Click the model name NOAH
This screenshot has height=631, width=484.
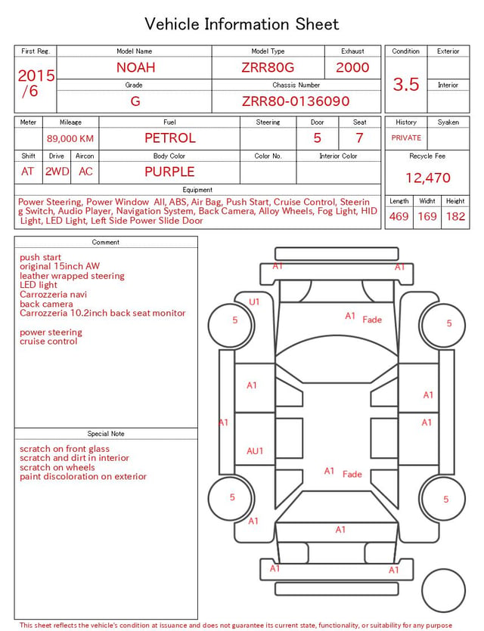[x=135, y=67]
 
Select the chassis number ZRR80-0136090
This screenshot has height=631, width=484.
[x=296, y=101]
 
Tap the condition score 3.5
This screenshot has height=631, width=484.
[x=406, y=84]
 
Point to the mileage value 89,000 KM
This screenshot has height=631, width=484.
[x=70, y=139]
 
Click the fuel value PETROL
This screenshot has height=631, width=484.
[x=170, y=138]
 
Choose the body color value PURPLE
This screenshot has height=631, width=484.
[x=169, y=172]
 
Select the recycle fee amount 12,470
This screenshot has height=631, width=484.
[x=427, y=178]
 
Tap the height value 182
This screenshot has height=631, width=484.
[x=455, y=216]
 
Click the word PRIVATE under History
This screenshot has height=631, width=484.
[x=406, y=138]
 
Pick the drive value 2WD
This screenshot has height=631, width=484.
[x=57, y=172]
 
